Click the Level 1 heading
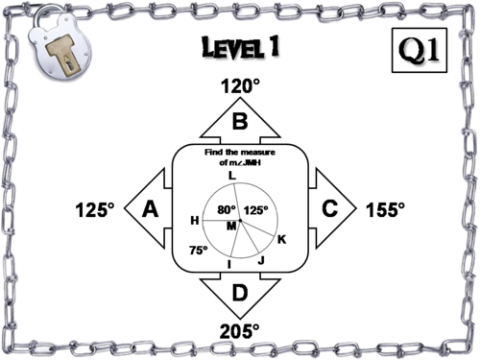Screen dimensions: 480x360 240,48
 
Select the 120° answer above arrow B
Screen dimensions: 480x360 240,86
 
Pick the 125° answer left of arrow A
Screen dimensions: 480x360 95,208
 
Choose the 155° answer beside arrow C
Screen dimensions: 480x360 386,208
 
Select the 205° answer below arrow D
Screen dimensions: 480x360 240,330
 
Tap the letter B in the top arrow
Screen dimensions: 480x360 240,122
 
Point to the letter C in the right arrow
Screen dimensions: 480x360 329,208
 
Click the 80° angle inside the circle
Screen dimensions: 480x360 226,209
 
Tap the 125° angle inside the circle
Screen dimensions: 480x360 254,209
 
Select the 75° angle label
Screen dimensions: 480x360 198,250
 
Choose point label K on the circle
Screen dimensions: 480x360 280,239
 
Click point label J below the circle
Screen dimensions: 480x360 259,259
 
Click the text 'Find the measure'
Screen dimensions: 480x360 240,152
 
